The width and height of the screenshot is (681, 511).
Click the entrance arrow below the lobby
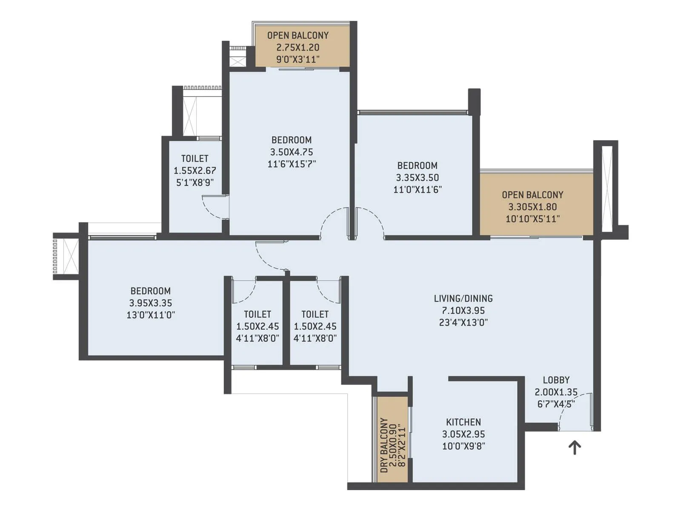pos(575,448)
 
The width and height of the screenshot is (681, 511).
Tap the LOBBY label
pos(556,380)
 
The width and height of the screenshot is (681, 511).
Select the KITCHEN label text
pos(463,422)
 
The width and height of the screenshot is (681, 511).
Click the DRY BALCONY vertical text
pos(384,445)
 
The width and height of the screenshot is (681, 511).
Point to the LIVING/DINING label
pos(463,299)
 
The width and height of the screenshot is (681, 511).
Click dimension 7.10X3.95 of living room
pos(463,310)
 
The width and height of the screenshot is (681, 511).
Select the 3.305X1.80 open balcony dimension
pos(532,207)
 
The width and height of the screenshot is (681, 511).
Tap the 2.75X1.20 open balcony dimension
pos(298,47)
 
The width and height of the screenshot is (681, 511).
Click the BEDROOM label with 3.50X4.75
pos(292,140)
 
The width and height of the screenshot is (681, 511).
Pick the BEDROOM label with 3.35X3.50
pos(417,166)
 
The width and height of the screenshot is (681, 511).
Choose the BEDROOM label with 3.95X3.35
pos(150,291)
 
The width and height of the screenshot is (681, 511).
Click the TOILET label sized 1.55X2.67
pos(195,158)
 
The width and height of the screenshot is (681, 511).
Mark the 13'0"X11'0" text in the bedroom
pos(150,315)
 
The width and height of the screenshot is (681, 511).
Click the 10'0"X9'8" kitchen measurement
pos(463,446)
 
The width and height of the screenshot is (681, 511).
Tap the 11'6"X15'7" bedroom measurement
pos(292,164)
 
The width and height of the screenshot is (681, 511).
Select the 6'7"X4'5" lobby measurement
pos(556,404)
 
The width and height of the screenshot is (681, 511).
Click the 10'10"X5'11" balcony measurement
pos(532,219)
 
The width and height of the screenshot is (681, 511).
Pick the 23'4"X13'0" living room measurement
pos(463,322)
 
